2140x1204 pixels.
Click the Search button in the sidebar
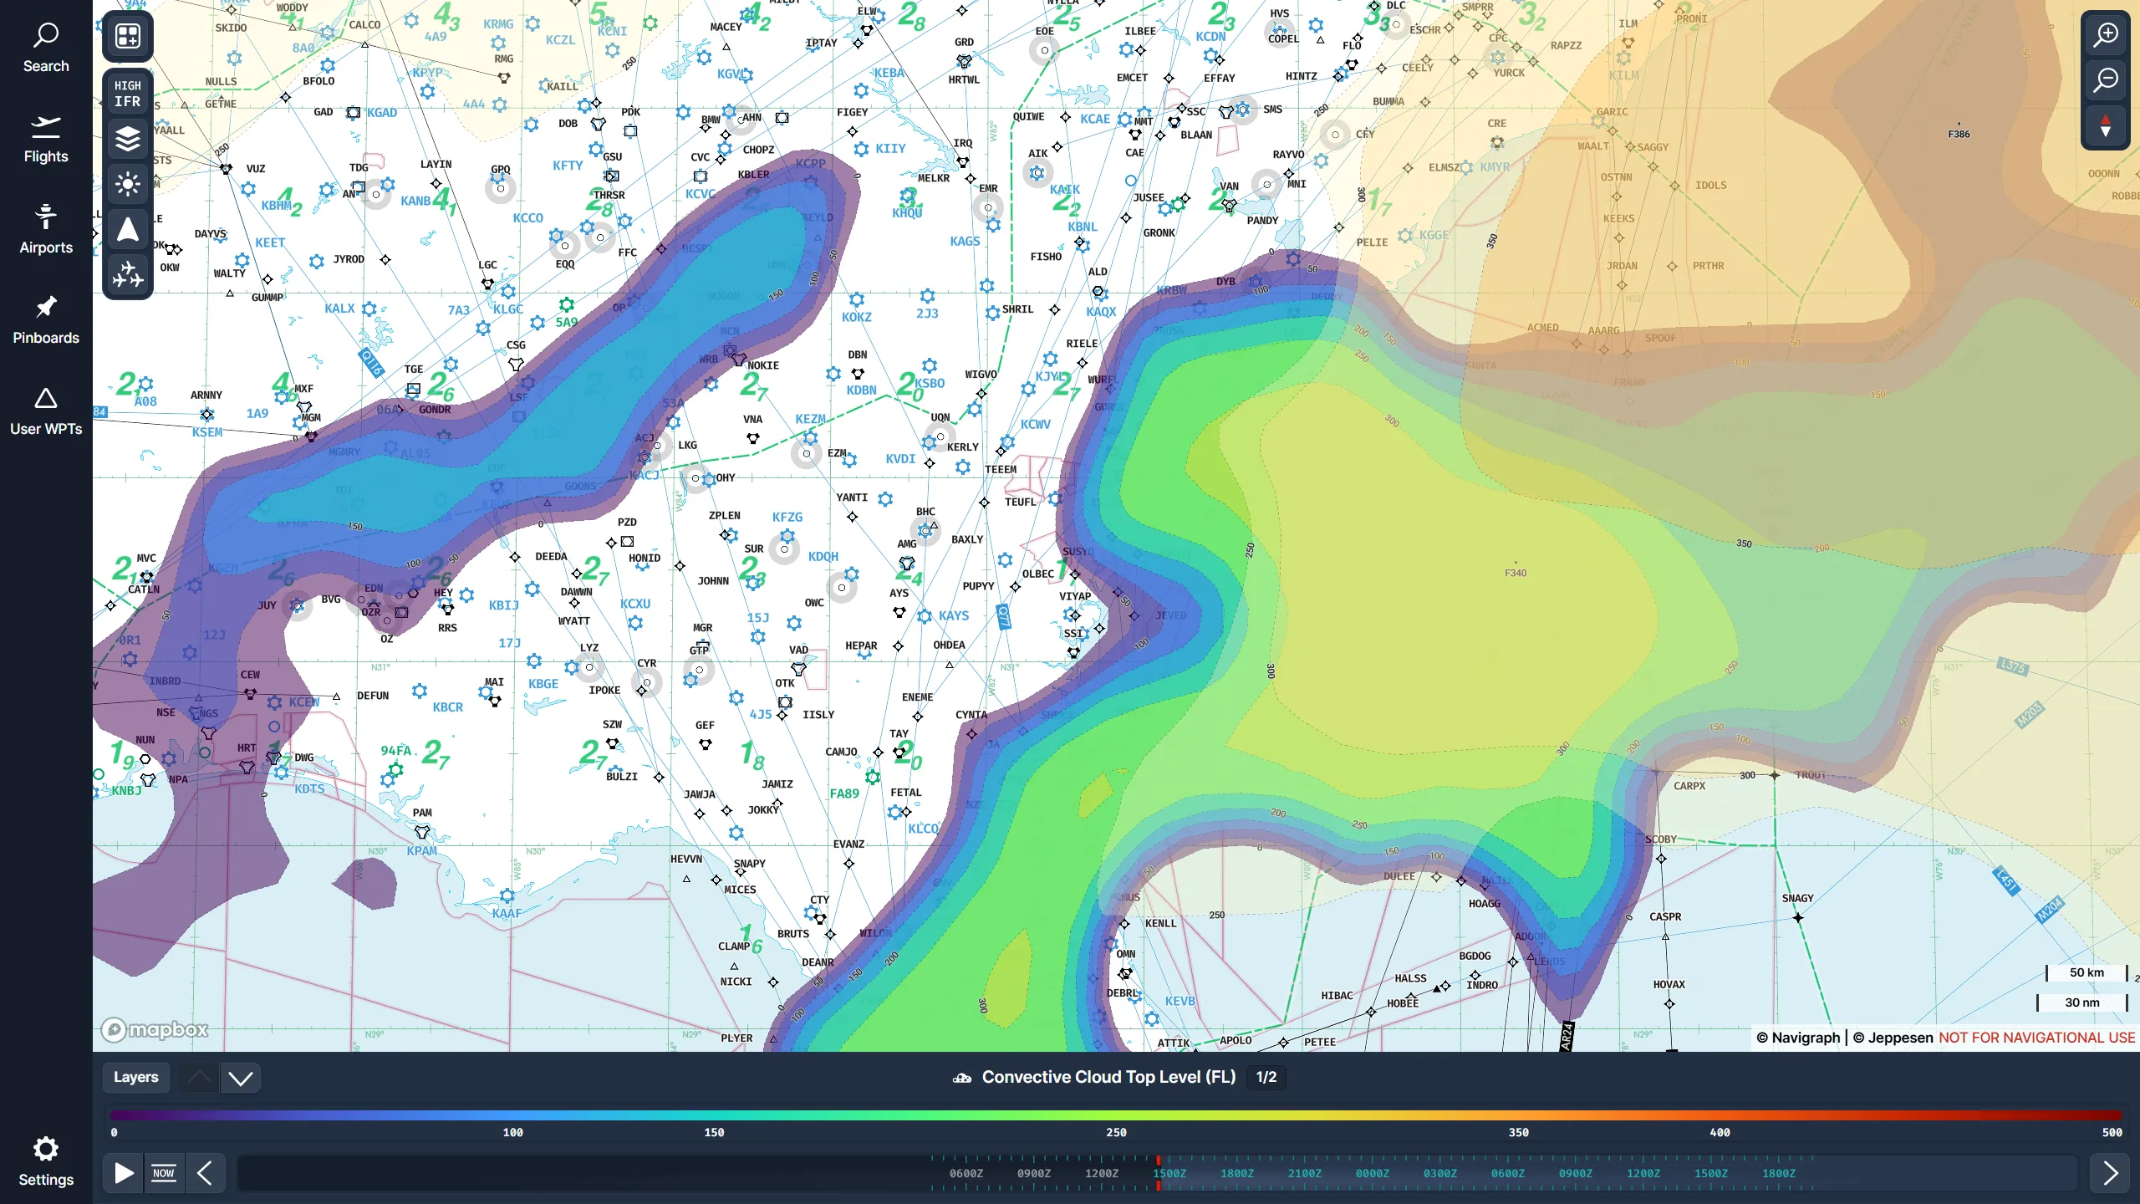[x=46, y=48]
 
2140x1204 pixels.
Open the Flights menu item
[x=46, y=139]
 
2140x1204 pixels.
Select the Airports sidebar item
[x=46, y=229]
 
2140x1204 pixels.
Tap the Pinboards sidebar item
[x=46, y=320]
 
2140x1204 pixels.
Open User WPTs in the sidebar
[x=46, y=411]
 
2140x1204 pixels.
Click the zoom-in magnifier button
[x=2105, y=35]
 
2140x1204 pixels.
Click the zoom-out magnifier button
[x=2105, y=80]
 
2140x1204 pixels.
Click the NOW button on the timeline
[x=164, y=1173]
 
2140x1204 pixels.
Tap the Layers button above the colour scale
[x=135, y=1077]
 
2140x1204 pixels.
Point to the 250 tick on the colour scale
[x=1116, y=1132]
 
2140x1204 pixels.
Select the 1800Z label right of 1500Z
[x=1236, y=1173]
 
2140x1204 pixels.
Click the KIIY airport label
[x=890, y=148]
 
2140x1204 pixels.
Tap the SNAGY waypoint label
[x=1797, y=898]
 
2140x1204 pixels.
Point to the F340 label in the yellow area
[x=1516, y=573]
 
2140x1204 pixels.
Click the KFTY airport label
[x=568, y=166]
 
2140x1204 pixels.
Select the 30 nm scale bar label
[x=2081, y=1002]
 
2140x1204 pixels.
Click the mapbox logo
[x=155, y=1029]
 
